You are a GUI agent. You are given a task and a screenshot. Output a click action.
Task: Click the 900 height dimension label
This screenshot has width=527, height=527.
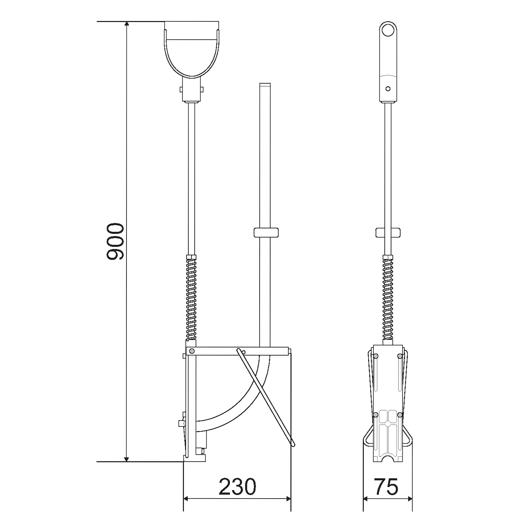tap(115, 241)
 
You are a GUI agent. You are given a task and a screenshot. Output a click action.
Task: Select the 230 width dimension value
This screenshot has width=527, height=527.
tap(238, 487)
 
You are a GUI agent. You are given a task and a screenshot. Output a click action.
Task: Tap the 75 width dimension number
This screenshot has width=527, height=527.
tap(386, 487)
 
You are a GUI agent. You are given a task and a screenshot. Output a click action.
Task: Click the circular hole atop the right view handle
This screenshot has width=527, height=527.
tap(388, 30)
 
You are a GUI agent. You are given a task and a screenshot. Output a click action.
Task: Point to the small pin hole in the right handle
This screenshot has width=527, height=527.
tap(388, 89)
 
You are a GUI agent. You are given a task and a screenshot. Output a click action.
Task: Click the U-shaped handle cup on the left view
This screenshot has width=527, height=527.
tap(192, 49)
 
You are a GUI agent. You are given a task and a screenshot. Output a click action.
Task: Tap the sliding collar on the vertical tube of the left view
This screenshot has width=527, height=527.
tap(266, 233)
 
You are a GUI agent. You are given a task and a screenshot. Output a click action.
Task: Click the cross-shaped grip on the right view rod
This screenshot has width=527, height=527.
tap(388, 233)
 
